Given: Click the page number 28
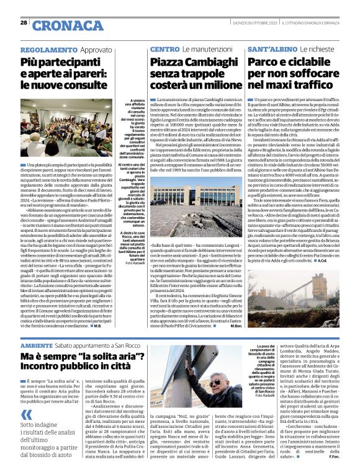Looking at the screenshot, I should pos(23,22).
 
